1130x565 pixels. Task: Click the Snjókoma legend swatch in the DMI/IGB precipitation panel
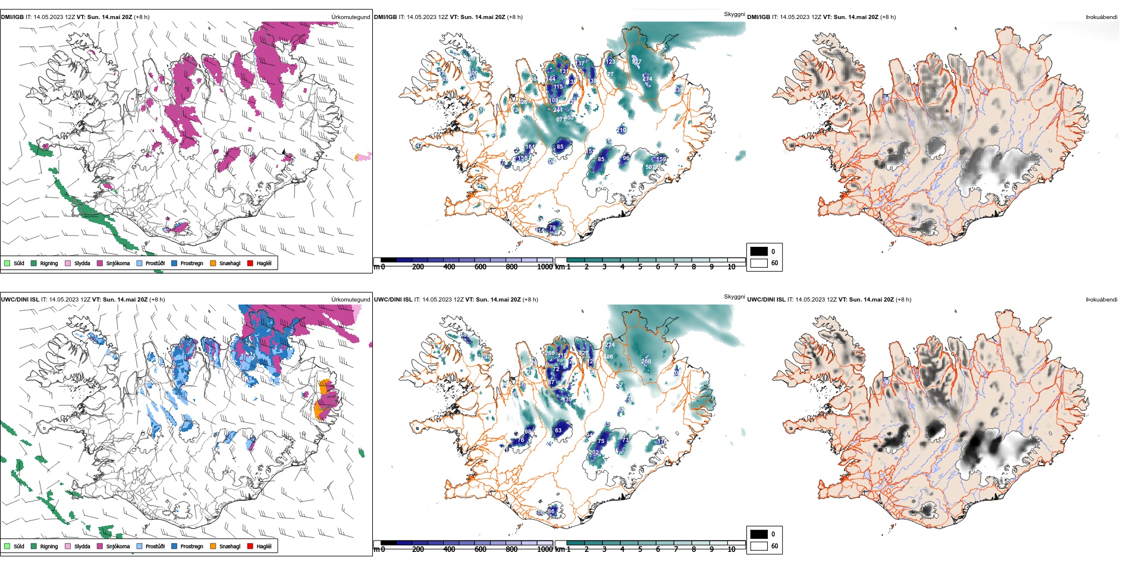(100, 263)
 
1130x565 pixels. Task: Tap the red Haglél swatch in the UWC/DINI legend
(250, 546)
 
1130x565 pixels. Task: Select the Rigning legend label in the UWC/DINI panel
(49, 546)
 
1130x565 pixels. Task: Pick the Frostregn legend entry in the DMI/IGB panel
(192, 263)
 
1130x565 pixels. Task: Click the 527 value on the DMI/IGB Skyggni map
(636, 62)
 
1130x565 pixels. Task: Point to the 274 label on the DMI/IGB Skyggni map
(647, 79)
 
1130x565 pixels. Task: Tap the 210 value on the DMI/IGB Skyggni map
(621, 130)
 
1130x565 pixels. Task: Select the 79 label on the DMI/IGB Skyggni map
(552, 228)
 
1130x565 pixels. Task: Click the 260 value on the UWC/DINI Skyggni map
(646, 361)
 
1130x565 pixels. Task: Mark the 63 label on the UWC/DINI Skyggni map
(558, 430)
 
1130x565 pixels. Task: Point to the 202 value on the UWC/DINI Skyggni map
(594, 453)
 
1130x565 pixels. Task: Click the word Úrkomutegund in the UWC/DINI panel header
(350, 299)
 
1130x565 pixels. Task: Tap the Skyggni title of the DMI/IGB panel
(734, 14)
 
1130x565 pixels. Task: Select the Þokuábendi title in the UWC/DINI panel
(1101, 299)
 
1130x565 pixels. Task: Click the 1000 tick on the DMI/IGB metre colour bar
(545, 267)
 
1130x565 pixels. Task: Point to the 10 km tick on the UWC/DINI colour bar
(732, 550)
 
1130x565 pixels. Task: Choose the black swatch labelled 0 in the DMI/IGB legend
(759, 251)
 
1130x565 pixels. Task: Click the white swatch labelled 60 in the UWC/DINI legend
(759, 545)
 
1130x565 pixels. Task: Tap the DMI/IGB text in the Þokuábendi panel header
(758, 17)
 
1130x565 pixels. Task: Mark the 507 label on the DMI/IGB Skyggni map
(650, 167)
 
